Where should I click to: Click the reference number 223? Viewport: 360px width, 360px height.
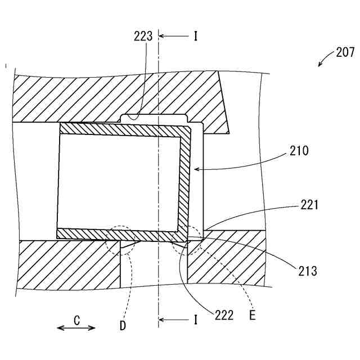coord(143,37)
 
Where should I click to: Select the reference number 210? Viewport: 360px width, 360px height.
coord(299,151)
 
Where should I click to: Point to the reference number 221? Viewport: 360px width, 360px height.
coord(309,205)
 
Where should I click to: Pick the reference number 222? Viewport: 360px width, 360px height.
coord(223,315)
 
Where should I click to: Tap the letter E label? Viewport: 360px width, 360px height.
coord(253,315)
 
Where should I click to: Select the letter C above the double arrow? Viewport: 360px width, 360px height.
coord(76,320)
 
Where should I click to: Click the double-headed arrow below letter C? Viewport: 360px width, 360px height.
coord(76,328)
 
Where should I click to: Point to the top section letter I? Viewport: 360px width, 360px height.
coord(195,37)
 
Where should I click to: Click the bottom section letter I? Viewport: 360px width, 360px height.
coord(195,320)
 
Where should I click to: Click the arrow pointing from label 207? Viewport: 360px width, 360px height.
coord(325,59)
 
